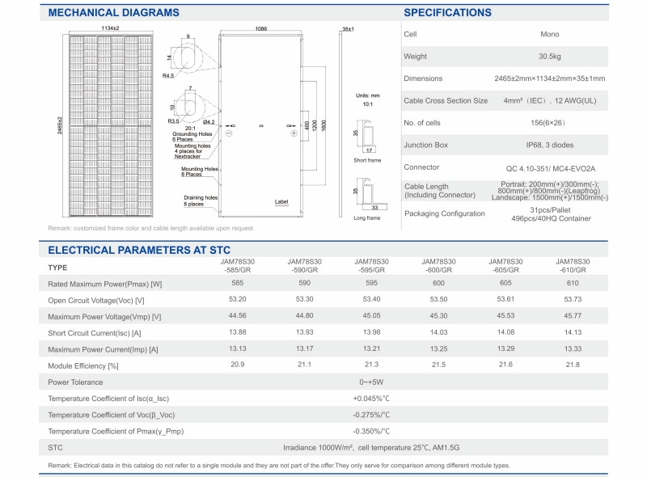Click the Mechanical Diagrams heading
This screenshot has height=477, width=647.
click(113, 13)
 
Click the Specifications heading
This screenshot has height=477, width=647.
click(446, 13)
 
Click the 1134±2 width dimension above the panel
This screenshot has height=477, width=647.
click(111, 28)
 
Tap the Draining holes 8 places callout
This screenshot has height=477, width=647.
click(200, 201)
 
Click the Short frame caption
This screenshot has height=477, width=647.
click(367, 160)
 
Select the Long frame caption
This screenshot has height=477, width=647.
click(367, 217)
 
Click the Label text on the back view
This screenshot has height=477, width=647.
click(281, 201)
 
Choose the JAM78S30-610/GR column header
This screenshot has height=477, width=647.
click(573, 266)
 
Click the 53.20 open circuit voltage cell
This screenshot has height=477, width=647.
click(238, 300)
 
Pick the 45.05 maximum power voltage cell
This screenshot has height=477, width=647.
click(371, 316)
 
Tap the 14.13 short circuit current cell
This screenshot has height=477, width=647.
click(573, 333)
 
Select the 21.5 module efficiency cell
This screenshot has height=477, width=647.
click(438, 365)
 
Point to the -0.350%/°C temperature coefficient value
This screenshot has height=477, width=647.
click(371, 431)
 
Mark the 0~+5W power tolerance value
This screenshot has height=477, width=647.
click(371, 382)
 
